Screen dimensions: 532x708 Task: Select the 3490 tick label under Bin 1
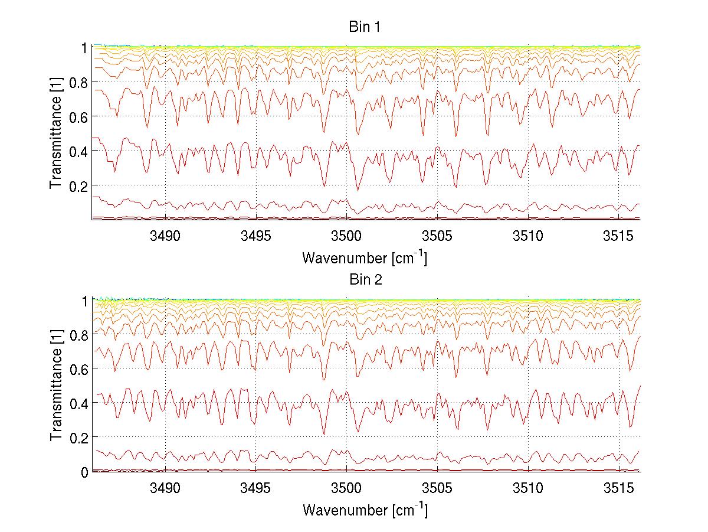pos(165,236)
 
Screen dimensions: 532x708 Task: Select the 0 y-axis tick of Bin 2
pos(85,472)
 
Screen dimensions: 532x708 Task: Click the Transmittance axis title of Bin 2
pos(56,386)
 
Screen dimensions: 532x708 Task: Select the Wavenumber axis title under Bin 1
pos(365,257)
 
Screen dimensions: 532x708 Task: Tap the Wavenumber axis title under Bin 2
pos(365,509)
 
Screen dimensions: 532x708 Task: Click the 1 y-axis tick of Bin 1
pos(85,47)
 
